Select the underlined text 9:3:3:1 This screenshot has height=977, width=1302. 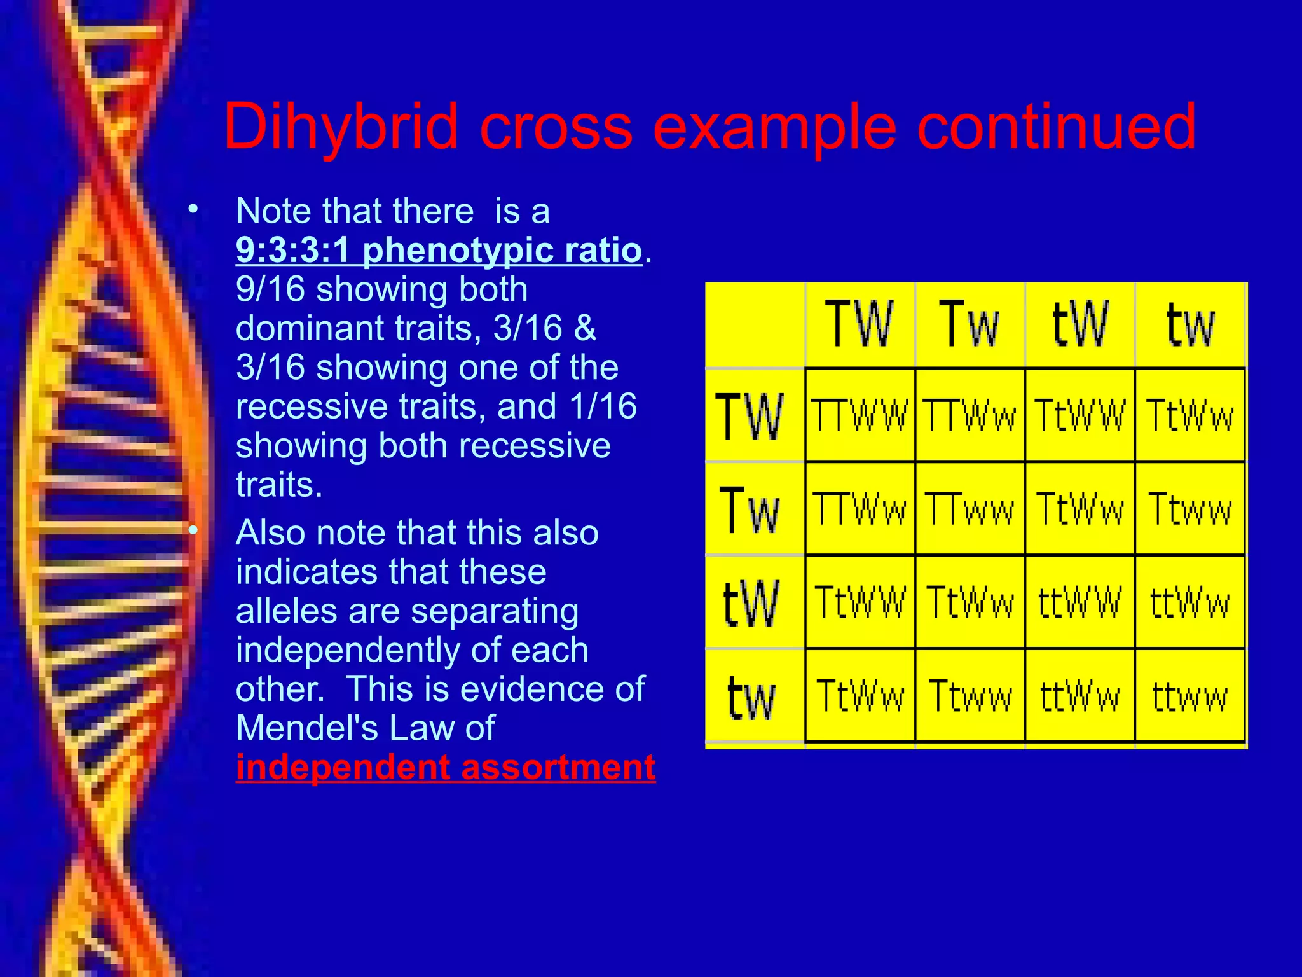point(292,250)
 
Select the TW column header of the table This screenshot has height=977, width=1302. point(859,324)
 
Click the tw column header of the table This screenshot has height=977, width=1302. point(1189,324)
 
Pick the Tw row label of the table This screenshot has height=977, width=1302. point(750,509)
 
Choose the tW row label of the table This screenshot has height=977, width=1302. point(750,602)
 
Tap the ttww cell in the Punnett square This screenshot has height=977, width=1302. point(1189,696)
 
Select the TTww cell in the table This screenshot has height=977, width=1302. point(970,509)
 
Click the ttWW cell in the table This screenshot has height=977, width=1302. point(1079,602)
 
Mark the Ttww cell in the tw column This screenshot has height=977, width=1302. point(1189,509)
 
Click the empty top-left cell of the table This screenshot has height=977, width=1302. point(755,324)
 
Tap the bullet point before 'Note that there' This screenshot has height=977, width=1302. point(193,209)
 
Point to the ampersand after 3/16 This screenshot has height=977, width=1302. point(585,328)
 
